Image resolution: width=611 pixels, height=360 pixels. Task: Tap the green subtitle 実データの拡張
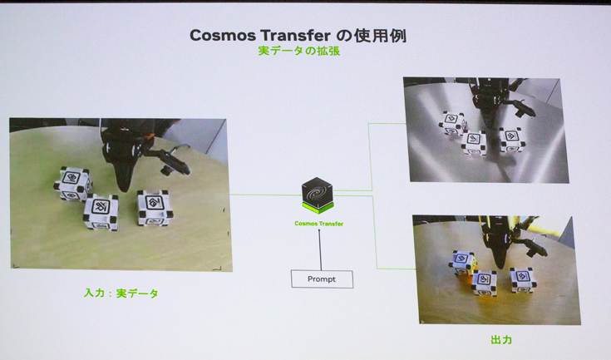299,51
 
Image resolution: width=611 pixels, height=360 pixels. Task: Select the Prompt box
322,279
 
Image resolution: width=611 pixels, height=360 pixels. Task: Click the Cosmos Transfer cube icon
318,195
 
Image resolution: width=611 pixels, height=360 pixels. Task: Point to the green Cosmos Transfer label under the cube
318,224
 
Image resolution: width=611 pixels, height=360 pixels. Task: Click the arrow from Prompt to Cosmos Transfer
320,249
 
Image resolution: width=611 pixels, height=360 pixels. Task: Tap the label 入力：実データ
121,293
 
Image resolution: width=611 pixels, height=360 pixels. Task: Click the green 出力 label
501,340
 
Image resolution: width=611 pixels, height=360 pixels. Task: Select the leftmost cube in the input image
73,184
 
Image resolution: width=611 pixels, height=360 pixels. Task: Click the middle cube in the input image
101,211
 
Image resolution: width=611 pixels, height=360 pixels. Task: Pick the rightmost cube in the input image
155,208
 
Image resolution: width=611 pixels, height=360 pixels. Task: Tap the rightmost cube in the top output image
512,139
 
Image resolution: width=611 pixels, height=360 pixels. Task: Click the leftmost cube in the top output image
451,123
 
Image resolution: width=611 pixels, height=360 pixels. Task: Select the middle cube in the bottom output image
485,283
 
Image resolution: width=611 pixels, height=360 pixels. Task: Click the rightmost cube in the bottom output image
524,279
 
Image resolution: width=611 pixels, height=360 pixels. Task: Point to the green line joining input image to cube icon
266,195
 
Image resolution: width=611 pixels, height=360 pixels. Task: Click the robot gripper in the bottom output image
499,245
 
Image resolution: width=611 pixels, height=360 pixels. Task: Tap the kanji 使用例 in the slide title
380,36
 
